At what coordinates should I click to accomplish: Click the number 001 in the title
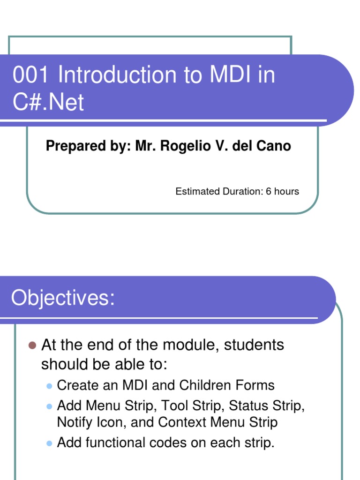point(28,76)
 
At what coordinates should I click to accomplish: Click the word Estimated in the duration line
point(196,191)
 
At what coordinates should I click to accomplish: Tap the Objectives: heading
point(63,298)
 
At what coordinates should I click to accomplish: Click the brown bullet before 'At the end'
point(32,345)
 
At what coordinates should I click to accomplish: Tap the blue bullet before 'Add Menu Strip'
point(49,405)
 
